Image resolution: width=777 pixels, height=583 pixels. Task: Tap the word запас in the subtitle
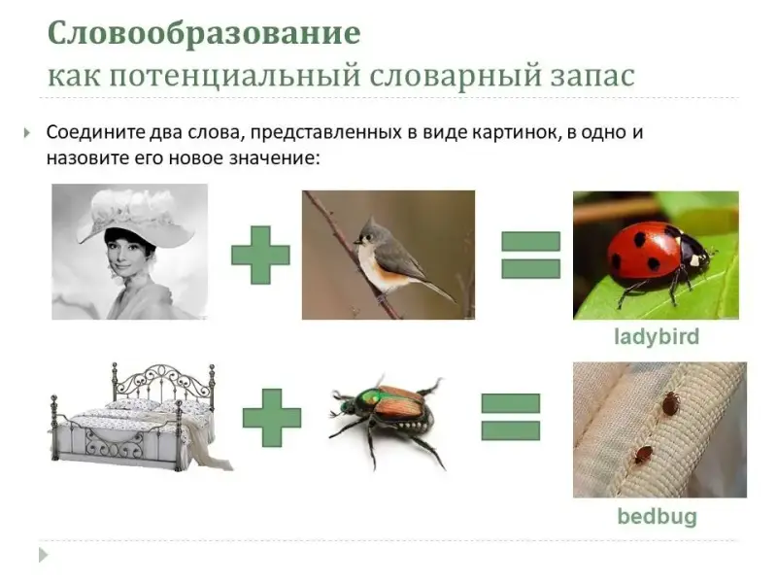(592, 77)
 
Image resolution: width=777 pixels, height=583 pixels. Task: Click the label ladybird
(657, 337)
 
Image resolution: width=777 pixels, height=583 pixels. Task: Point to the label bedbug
(658, 517)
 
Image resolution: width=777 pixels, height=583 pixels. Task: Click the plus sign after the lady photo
(260, 255)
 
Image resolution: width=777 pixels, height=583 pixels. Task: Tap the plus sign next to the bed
(272, 418)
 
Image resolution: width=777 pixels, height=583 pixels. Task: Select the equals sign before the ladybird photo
(530, 255)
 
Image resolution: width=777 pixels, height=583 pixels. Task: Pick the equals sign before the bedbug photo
(511, 417)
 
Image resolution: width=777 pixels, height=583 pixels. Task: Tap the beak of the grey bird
(356, 241)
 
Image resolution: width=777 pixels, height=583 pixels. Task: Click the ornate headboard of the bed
(163, 384)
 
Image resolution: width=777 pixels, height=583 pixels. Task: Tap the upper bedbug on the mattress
(670, 402)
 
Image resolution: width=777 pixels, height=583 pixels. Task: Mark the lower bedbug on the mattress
(644, 455)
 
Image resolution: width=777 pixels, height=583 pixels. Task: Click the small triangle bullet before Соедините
(27, 133)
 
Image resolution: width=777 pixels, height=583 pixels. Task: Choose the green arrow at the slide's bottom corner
(44, 555)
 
